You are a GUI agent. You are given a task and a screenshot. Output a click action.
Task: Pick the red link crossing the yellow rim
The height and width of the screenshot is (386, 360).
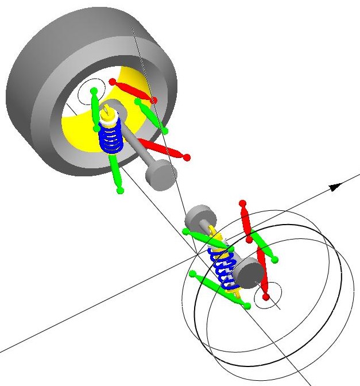point(133,91)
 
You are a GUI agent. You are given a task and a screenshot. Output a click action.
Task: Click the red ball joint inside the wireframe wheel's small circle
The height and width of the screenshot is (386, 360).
point(266,296)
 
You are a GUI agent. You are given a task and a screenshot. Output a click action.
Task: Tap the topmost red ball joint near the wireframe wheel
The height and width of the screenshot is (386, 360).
point(242,203)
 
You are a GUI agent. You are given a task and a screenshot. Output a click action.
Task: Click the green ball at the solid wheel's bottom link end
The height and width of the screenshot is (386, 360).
point(120,190)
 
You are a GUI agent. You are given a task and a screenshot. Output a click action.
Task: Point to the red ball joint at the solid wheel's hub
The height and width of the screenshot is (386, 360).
point(113,82)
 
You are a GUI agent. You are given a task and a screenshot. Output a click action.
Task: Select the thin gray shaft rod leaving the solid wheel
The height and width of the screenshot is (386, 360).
point(138,144)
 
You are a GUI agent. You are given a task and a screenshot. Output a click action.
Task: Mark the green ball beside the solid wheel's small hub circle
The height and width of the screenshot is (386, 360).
point(94,91)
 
